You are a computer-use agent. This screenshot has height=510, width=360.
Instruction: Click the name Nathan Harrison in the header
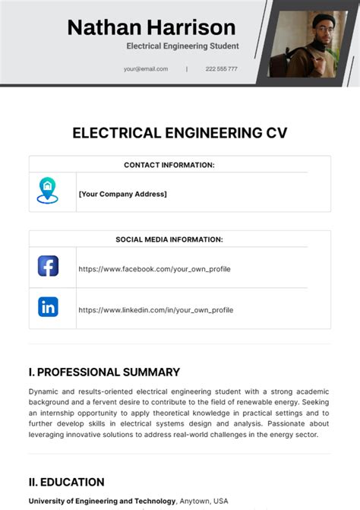pos(151,28)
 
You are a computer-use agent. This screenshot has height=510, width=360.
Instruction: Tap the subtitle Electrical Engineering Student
pos(182,46)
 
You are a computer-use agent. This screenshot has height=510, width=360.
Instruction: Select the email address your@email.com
pos(146,69)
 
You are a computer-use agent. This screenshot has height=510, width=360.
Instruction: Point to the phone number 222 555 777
pos(221,69)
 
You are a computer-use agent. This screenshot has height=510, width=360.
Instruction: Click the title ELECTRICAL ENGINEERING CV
pos(180,133)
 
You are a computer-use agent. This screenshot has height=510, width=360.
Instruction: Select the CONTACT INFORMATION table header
pos(169,165)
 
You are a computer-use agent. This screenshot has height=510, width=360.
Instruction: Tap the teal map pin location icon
pos(47,189)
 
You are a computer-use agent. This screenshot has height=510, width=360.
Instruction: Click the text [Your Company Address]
pos(122,195)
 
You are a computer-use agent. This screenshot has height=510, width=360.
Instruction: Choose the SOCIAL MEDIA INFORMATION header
pos(169,239)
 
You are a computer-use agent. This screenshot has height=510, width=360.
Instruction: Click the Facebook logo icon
pos(48,266)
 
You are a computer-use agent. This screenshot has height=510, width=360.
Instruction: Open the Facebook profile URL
pos(154,269)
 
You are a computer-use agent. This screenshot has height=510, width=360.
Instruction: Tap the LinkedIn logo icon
pos(48,307)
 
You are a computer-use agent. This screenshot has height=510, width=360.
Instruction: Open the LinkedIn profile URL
pos(156,310)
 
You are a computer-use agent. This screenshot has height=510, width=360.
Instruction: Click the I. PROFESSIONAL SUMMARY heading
pos(104,372)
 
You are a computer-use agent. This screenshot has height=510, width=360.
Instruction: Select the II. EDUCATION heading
pos(66,482)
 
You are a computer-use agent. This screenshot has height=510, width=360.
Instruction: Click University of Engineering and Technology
pos(103,501)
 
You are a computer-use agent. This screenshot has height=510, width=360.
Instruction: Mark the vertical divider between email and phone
pos(187,69)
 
